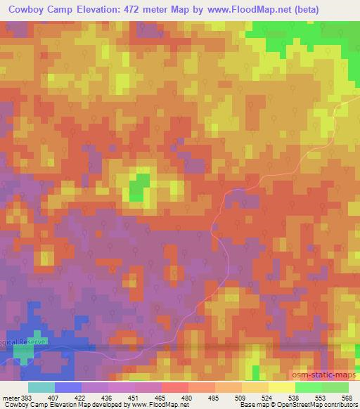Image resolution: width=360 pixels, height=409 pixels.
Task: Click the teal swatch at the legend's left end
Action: pos(41,387)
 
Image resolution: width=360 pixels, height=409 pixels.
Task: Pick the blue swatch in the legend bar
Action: pos(67,387)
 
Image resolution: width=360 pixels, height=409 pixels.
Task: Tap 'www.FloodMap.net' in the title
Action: pos(238,9)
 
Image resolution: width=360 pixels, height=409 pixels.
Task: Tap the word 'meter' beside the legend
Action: pos(11,397)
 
